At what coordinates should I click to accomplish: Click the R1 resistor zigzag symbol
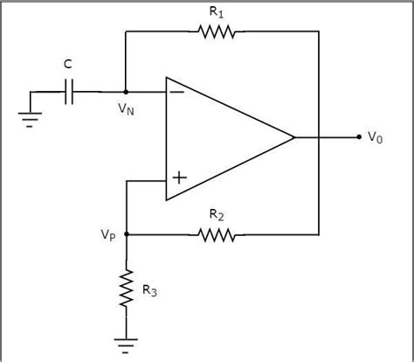click(216, 32)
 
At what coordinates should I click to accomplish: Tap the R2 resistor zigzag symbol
click(216, 234)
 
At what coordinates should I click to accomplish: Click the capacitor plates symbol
click(71, 91)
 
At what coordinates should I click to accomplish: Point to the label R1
click(217, 12)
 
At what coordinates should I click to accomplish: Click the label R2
click(217, 215)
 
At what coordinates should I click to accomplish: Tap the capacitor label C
click(69, 65)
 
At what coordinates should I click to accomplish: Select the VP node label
click(107, 234)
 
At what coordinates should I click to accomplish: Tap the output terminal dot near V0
click(358, 137)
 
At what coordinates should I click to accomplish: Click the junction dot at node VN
click(127, 91)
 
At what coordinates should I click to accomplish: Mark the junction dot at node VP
click(127, 234)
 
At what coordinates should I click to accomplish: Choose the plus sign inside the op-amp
click(178, 178)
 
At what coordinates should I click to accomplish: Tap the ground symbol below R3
click(127, 344)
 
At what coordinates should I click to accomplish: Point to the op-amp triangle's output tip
click(293, 137)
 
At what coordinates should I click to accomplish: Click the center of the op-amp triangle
click(218, 137)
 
